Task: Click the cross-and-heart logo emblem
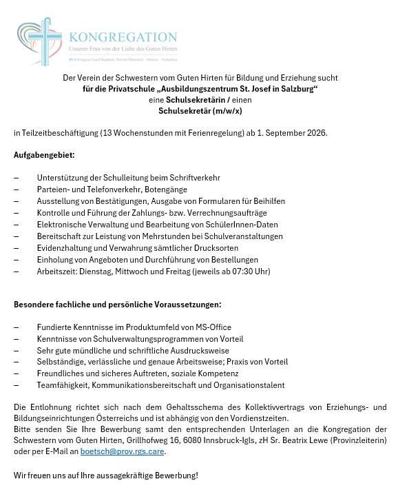(x=39, y=42)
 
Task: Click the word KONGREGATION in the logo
(x=123, y=37)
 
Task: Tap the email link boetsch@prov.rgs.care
(x=123, y=452)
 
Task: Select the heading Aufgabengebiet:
(x=44, y=155)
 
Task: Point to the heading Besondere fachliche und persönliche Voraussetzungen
(x=118, y=304)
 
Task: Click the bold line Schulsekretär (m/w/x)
(x=200, y=111)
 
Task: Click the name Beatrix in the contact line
(x=322, y=440)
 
